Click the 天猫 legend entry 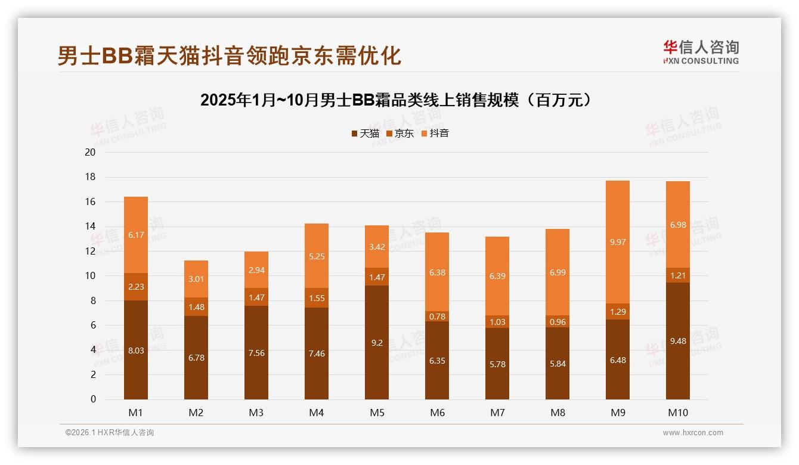(365, 134)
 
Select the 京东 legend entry (400, 134)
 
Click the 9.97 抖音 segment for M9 (618, 242)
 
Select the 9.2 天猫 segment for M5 (377, 342)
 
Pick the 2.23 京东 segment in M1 (136, 287)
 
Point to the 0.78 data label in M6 (437, 317)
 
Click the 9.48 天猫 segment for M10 (678, 341)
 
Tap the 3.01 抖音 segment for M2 (196, 279)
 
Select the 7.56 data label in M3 (256, 353)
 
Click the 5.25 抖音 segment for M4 (317, 256)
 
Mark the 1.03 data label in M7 (497, 322)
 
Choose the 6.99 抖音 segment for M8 (558, 272)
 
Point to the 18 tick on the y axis (90, 177)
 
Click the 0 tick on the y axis (93, 399)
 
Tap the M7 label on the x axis (497, 413)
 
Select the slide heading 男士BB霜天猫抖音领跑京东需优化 (230, 55)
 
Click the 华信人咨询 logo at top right (701, 52)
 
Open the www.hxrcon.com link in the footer (693, 433)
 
